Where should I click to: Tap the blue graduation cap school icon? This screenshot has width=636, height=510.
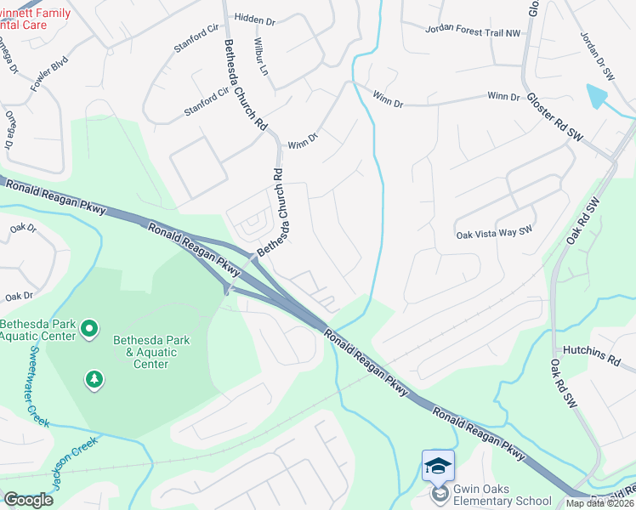(x=439, y=466)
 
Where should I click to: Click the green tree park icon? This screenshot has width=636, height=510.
(x=94, y=379)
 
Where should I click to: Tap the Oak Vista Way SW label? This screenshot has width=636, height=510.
(x=493, y=233)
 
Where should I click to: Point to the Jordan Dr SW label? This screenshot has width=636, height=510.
(x=597, y=56)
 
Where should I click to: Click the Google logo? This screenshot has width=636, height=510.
(x=28, y=500)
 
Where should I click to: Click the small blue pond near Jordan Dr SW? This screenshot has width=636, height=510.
(x=598, y=95)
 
